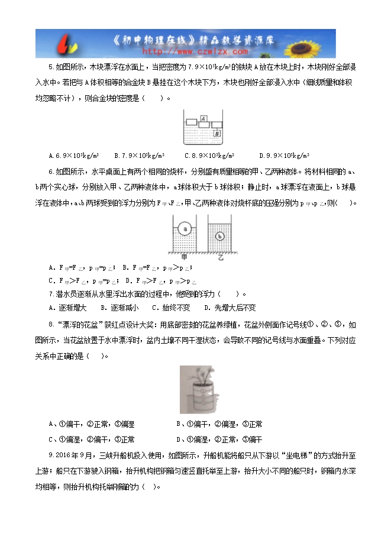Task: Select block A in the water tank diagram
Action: pyautogui.click(x=203, y=118)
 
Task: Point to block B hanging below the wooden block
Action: pyautogui.click(x=217, y=134)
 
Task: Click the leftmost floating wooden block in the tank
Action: pyautogui.click(x=190, y=122)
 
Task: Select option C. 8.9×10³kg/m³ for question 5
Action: pyautogui.click(x=209, y=156)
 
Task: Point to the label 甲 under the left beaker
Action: pyautogui.click(x=185, y=257)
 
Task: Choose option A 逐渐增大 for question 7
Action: pyautogui.click(x=68, y=308)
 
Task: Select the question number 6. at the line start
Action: pyautogui.click(x=51, y=172)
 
